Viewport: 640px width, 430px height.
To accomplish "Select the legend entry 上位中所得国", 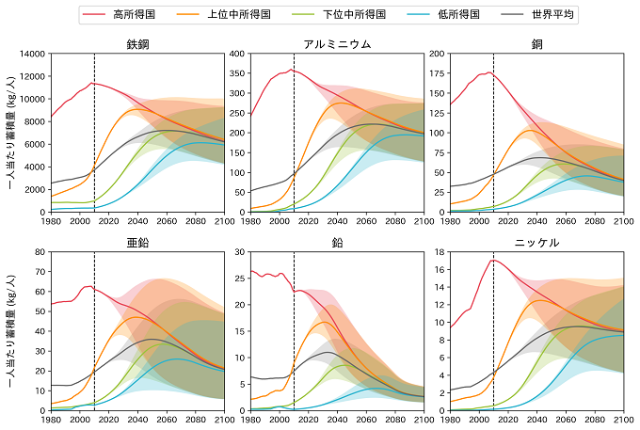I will (248, 15).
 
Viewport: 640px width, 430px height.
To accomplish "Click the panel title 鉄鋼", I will (137, 44).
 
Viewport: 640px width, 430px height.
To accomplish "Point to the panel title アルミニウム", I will (337, 44).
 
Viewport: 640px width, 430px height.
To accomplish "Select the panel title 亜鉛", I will (137, 242).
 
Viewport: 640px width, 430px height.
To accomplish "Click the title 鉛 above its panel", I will (337, 242).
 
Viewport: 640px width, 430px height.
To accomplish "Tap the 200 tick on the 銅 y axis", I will (437, 54).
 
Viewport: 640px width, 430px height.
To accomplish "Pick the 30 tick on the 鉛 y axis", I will (239, 251).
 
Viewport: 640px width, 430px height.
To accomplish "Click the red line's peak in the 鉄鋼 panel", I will (92, 83).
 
